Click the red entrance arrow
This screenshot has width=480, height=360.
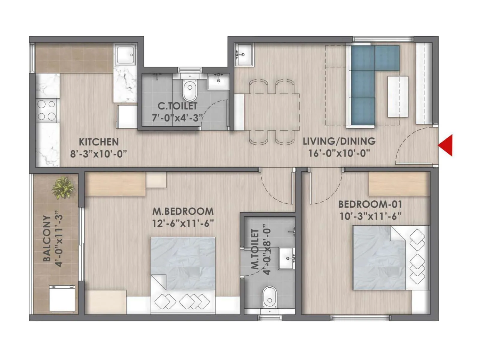tap(446, 145)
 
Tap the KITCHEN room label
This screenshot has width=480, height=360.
tap(99, 142)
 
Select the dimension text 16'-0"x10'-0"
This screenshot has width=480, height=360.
tap(339, 153)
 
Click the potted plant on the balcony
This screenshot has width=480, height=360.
tap(63, 188)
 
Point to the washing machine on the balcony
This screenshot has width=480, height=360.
tap(62, 298)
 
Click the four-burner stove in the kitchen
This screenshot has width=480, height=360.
tap(46, 110)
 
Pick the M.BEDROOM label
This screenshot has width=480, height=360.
tap(183, 211)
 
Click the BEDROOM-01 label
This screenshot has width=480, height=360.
tap(370, 204)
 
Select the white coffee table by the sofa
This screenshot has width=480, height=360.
tap(397, 96)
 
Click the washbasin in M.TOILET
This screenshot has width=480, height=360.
tap(287, 258)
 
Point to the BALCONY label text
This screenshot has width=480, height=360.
tap(47, 238)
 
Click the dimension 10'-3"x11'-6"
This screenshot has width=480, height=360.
tap(370, 216)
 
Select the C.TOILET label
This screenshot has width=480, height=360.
tap(178, 106)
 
